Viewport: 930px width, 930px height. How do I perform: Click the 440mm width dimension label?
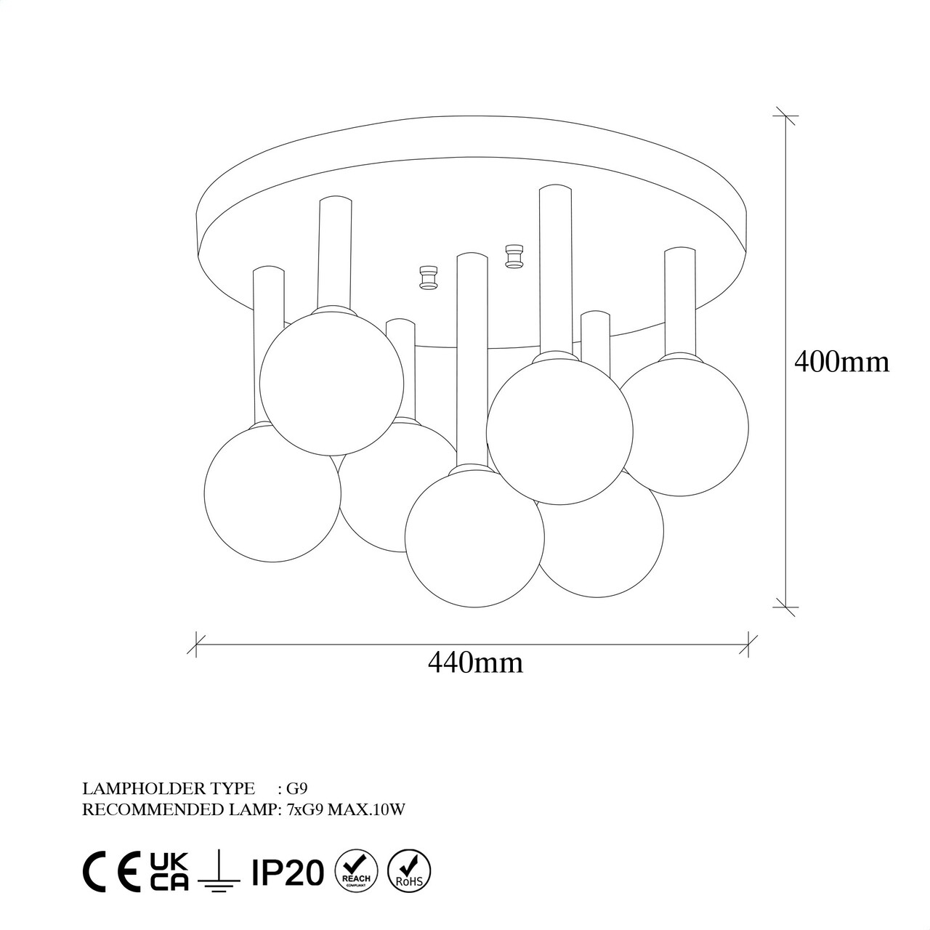tap(475, 663)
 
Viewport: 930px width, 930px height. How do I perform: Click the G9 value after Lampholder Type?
tap(297, 788)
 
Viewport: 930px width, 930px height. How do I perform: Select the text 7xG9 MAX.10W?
tap(346, 809)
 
